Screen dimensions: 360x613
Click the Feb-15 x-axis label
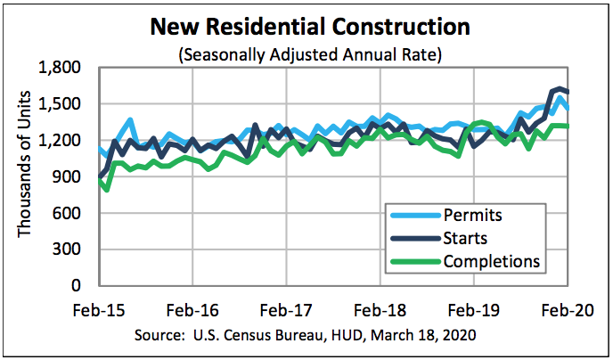[99, 311]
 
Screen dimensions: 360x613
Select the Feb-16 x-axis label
[192, 311]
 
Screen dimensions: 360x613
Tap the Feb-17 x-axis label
[286, 311]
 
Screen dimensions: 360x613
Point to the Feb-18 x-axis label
[380, 311]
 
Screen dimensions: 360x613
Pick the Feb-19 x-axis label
[474, 311]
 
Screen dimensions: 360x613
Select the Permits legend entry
[472, 215]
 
